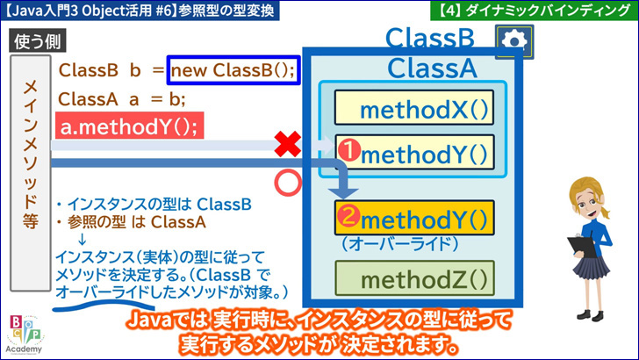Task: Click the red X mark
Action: tap(288, 144)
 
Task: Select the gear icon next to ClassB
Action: tap(514, 41)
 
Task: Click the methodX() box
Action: tap(414, 108)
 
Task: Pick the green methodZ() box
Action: tap(414, 278)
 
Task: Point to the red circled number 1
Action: tap(349, 149)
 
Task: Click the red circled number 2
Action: tap(348, 216)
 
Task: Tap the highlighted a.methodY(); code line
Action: tap(130, 126)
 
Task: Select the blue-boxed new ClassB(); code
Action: tap(233, 70)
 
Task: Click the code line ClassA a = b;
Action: tap(122, 99)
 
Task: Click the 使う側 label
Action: tap(38, 40)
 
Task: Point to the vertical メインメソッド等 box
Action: tap(31, 173)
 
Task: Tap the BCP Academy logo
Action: tap(24, 335)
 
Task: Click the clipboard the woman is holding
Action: tap(582, 246)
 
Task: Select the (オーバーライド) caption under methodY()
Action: tap(400, 244)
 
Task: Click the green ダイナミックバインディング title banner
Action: tap(535, 11)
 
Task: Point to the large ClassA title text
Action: tap(432, 68)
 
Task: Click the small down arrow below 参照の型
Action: tap(82, 239)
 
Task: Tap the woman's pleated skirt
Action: tap(591, 265)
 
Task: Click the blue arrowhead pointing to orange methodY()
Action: tap(343, 192)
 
